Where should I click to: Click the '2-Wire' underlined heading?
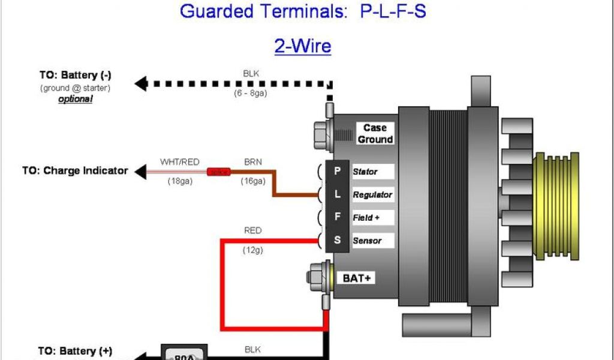click(x=303, y=46)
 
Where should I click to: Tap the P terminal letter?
click(x=337, y=171)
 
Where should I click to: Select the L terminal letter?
click(x=337, y=194)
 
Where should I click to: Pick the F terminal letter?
click(x=337, y=217)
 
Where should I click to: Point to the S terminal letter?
click(x=337, y=240)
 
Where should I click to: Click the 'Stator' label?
click(x=365, y=172)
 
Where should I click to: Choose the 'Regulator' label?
click(x=372, y=195)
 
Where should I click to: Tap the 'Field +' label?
click(x=366, y=218)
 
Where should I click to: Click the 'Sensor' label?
click(x=367, y=241)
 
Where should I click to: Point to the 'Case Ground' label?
click(x=375, y=133)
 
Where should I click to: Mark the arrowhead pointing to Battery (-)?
click(x=141, y=83)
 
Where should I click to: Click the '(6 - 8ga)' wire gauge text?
click(x=251, y=94)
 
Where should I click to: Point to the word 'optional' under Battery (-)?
click(x=75, y=99)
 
